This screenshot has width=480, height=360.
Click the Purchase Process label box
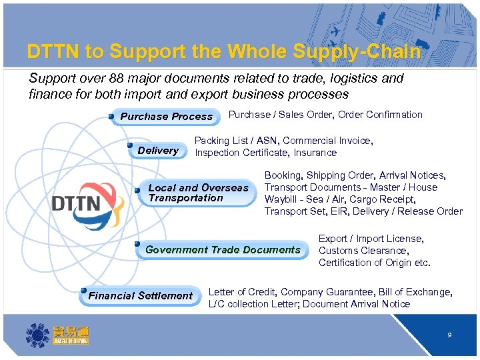coord(166,117)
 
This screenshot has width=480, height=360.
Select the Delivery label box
coord(158,151)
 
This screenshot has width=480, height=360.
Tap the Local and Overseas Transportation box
coord(197,193)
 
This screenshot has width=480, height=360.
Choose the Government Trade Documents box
coord(223,250)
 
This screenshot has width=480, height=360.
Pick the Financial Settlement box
coord(140,296)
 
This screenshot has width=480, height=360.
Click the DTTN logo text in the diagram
coord(76,203)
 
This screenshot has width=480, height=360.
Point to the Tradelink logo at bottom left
coord(57,333)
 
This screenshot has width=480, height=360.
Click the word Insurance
coord(315,153)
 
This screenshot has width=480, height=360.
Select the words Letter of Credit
coord(242,292)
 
